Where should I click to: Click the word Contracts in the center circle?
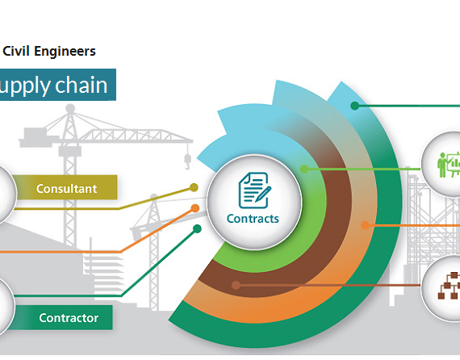(x=253, y=219)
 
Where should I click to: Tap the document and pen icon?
(x=255, y=190)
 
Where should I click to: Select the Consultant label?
(x=66, y=188)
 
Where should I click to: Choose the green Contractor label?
(x=69, y=318)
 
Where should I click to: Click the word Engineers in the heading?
(x=65, y=52)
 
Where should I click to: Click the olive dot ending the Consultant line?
(x=194, y=187)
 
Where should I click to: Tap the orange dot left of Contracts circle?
(x=195, y=208)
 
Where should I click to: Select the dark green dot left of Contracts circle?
(x=198, y=228)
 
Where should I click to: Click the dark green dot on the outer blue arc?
(x=355, y=106)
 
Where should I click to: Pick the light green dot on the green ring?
(x=304, y=169)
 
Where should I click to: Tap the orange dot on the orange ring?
(x=366, y=225)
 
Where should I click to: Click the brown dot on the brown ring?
(x=236, y=285)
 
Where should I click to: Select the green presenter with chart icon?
(x=449, y=165)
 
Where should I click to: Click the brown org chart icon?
(x=449, y=286)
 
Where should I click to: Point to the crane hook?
(x=187, y=162)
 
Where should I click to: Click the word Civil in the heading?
(x=16, y=51)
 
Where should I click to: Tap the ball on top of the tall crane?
(x=70, y=108)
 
